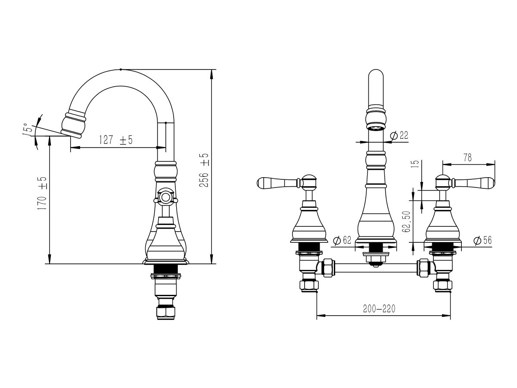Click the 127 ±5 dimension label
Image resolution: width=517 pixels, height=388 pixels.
coord(115,140)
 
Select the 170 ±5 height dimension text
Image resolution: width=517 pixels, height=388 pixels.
coord(42,194)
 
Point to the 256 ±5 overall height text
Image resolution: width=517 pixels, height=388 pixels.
coord(204,170)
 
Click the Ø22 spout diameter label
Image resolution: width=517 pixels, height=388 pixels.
coord(399,135)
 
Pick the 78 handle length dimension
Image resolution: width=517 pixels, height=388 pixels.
coord(467,158)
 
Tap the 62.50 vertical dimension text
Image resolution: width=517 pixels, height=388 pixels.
coord(406,222)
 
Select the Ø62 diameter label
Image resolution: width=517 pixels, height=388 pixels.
coord(343,240)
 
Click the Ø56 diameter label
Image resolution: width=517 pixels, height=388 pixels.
coord(483,240)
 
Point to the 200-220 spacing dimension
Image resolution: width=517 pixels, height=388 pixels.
coord(379,309)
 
